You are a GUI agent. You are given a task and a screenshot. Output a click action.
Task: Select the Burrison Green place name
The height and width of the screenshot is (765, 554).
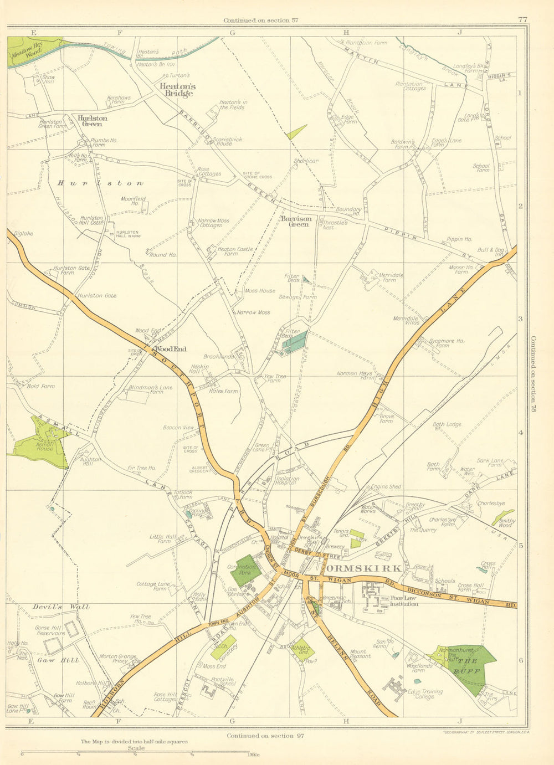pyautogui.click(x=296, y=221)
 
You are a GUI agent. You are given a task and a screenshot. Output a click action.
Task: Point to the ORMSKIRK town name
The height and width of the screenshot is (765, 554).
pyautogui.click(x=363, y=568)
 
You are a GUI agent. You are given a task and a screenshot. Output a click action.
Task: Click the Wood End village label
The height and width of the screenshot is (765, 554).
pyautogui.click(x=170, y=349)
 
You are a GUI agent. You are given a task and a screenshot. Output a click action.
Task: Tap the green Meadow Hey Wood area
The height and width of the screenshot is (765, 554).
pyautogui.click(x=28, y=50)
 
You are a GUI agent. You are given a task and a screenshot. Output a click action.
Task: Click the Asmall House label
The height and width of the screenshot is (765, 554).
pyautogui.click(x=45, y=445)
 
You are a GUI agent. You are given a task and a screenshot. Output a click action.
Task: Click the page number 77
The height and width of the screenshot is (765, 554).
pyautogui.click(x=522, y=19)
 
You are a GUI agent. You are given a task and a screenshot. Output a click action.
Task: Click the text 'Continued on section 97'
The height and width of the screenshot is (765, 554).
pyautogui.click(x=265, y=736)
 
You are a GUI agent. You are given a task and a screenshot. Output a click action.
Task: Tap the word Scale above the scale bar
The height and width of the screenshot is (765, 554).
pyautogui.click(x=136, y=748)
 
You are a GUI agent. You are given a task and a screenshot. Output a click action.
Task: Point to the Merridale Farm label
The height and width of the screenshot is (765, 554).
pyautogui.click(x=391, y=277)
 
